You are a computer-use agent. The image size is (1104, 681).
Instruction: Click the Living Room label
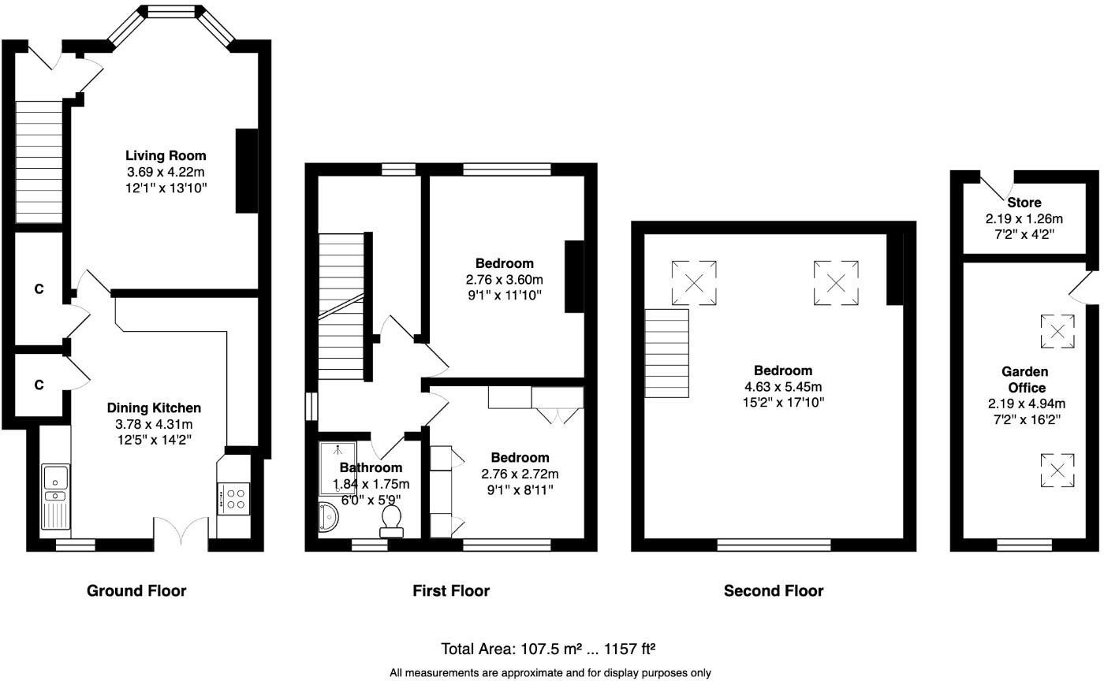coord(166,155)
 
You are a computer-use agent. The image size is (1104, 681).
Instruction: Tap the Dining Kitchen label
coord(155,407)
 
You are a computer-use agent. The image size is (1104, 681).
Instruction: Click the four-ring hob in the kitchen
coord(234,499)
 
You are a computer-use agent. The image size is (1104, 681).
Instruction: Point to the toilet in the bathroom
coord(390,520)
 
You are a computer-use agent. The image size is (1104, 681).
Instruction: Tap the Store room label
coord(1024,203)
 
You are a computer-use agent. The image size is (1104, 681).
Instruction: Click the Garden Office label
coord(1024,379)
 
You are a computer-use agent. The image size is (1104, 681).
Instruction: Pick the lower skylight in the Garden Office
coord(1057,471)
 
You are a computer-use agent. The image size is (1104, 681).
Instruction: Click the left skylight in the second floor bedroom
coord(694,282)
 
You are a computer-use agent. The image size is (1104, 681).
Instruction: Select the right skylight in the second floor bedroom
coord(836,282)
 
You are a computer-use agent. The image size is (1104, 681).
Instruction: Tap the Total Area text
coord(549,649)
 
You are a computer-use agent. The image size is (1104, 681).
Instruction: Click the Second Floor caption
coord(773,590)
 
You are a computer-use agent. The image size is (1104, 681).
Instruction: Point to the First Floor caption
coord(451,590)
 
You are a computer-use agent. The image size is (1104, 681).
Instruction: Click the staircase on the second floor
coord(667,354)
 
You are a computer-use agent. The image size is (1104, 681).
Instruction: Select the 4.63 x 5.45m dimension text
coord(782,386)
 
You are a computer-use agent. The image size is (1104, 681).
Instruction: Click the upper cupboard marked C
coord(39,289)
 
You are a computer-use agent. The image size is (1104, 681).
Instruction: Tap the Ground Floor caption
coord(136,590)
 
